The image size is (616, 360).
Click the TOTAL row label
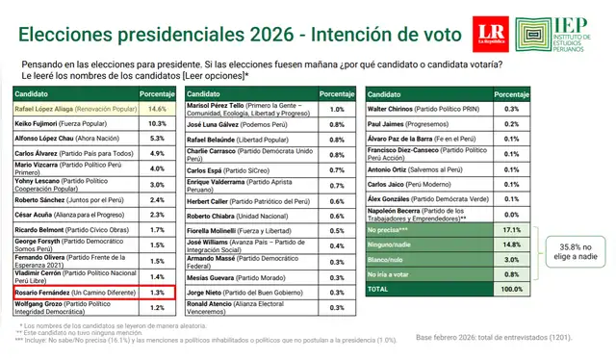(x=381, y=288)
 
